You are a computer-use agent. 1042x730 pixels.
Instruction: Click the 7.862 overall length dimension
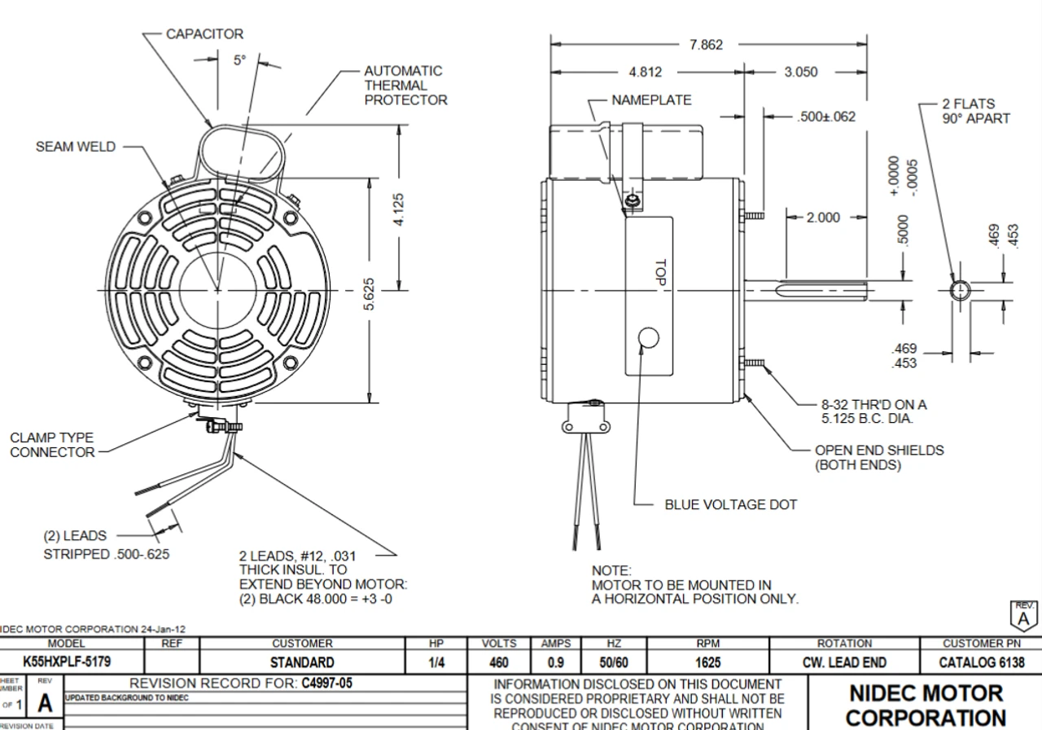pyautogui.click(x=706, y=45)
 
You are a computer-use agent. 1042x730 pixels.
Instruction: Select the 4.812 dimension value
pyautogui.click(x=646, y=72)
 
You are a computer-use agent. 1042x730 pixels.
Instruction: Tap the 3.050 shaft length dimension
pyautogui.click(x=801, y=72)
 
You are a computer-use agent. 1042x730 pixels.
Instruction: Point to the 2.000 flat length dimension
pyautogui.click(x=822, y=218)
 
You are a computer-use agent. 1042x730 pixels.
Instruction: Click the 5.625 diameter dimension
pyautogui.click(x=369, y=294)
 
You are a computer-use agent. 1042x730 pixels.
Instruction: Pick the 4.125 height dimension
pyautogui.click(x=399, y=210)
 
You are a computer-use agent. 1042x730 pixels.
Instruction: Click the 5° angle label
pyautogui.click(x=239, y=60)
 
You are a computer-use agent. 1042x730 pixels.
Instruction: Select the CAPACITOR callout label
pyautogui.click(x=204, y=34)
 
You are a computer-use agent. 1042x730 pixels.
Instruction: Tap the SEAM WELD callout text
pyautogui.click(x=76, y=147)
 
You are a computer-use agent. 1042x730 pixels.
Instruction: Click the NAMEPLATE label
pyautogui.click(x=651, y=100)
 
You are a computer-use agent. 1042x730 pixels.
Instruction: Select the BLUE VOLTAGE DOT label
pyautogui.click(x=731, y=504)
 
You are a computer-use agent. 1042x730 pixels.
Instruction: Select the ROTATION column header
pyautogui.click(x=844, y=644)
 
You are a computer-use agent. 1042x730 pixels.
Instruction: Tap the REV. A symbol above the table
pyautogui.click(x=1023, y=614)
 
